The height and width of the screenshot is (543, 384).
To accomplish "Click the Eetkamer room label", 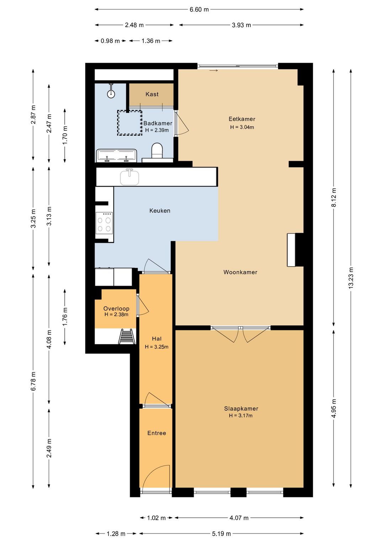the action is click(242, 119).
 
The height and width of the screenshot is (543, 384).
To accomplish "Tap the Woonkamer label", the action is click(240, 272).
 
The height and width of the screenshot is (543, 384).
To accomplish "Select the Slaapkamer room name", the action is click(241, 408).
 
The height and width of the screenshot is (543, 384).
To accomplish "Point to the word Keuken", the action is click(160, 211).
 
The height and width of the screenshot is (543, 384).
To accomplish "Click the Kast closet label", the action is click(152, 94).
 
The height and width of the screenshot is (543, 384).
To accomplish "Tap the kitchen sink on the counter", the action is click(130, 177).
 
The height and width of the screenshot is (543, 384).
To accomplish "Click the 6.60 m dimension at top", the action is click(199, 10).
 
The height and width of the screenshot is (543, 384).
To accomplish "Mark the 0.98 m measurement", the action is click(110, 41).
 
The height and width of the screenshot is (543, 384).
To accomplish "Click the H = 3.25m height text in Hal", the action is click(156, 347).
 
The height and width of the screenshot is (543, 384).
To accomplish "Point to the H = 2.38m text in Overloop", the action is click(116, 315).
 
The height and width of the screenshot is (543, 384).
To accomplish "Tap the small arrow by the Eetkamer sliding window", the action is click(213, 70).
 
